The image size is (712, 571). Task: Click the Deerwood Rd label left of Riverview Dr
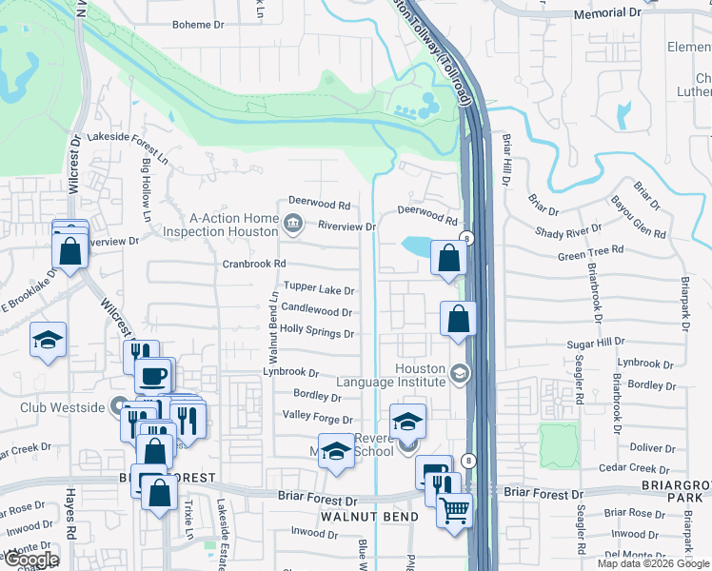point(320,205)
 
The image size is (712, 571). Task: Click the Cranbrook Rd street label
point(254,264)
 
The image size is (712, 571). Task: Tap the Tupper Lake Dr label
point(319,290)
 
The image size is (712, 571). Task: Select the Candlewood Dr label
point(317,311)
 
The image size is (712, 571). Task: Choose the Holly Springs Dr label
point(317,333)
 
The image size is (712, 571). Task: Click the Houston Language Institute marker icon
point(461,373)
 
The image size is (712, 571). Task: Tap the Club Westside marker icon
point(120,407)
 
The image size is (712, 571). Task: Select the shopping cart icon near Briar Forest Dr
point(455,510)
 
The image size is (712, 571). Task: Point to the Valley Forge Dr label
point(318,419)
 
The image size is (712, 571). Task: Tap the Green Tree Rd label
point(590,250)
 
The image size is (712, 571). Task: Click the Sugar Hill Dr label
point(594,341)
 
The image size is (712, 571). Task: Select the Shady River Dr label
point(568,231)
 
